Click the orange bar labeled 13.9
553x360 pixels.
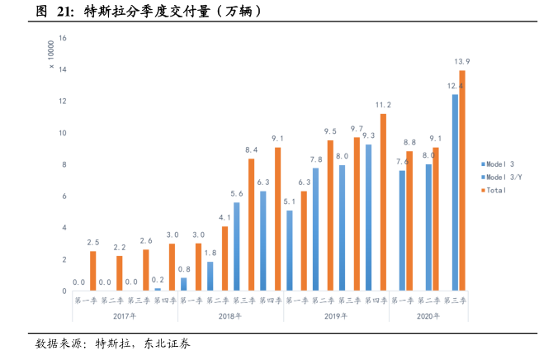(462, 181)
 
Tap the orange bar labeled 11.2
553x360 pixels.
(383, 202)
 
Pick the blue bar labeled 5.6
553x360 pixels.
(236, 247)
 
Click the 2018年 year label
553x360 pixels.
(231, 316)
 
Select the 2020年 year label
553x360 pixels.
(428, 316)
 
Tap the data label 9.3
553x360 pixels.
(369, 135)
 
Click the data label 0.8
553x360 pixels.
(184, 269)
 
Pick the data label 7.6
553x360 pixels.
(402, 162)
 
